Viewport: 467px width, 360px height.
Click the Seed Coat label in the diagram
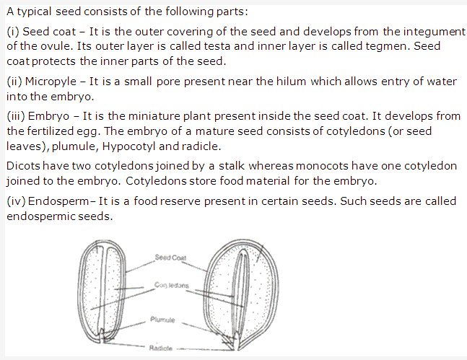click(170, 258)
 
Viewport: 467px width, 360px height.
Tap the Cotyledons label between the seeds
click(171, 285)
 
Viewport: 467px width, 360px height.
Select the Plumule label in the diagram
click(162, 320)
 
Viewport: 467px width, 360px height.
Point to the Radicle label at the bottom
click(160, 348)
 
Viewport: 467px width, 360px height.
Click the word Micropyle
click(51, 82)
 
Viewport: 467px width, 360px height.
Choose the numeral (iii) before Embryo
click(16, 116)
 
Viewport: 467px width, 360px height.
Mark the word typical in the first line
click(34, 12)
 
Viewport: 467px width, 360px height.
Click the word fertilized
click(63, 131)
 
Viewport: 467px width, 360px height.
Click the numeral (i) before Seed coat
click(12, 32)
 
